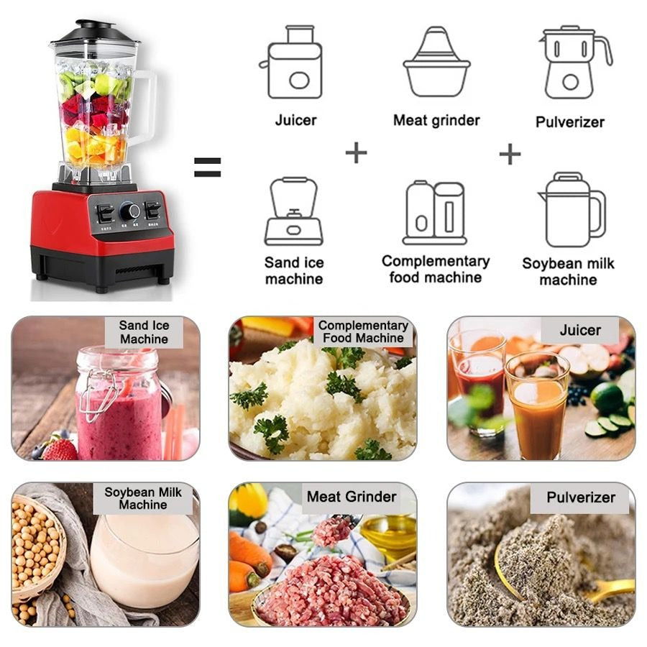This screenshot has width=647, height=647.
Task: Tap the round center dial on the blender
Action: pyautogui.click(x=130, y=211)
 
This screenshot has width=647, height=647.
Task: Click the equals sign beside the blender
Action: pyautogui.click(x=207, y=168)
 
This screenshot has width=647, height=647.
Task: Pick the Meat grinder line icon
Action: pyautogui.click(x=436, y=63)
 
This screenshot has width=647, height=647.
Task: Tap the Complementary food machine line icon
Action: pyautogui.click(x=434, y=212)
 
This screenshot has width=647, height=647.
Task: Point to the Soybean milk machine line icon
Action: pyautogui.click(x=572, y=210)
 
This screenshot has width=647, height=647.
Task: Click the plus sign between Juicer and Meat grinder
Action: pyautogui.click(x=356, y=152)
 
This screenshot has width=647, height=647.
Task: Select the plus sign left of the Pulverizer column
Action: pyautogui.click(x=510, y=153)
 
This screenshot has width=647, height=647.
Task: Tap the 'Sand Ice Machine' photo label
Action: pyautogui.click(x=144, y=332)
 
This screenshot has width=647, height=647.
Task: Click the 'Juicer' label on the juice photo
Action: pyautogui.click(x=579, y=331)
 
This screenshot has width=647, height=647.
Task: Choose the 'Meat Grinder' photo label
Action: pyautogui.click(x=351, y=497)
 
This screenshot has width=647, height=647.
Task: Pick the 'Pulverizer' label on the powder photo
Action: pyautogui.click(x=580, y=497)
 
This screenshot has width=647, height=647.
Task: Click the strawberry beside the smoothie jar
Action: pyautogui.click(x=60, y=449)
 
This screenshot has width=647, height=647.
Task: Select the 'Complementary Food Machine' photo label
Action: pyautogui.click(x=363, y=331)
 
